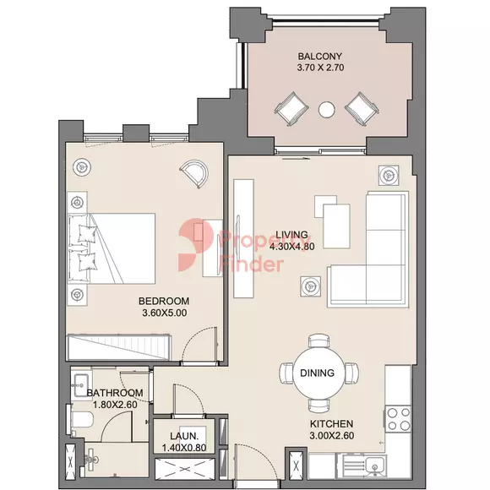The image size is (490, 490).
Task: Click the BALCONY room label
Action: [319, 57]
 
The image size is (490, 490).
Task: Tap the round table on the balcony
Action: [327, 110]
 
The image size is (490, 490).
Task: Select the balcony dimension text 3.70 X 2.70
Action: [320, 68]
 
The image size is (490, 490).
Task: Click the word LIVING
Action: [291, 234]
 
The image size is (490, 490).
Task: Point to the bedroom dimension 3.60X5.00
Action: [165, 313]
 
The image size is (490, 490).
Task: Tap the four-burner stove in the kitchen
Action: [398, 419]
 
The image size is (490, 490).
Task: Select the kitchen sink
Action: [374, 466]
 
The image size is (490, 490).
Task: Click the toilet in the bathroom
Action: [80, 419]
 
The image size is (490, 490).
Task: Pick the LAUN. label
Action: [184, 436]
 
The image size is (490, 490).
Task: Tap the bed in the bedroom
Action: [112, 248]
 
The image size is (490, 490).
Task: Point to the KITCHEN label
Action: [331, 424]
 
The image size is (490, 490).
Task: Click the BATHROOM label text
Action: [115, 393]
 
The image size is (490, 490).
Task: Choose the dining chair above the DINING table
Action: [318, 340]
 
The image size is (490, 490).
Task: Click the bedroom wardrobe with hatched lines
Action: [119, 347]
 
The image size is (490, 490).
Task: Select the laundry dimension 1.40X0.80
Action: [184, 448]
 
